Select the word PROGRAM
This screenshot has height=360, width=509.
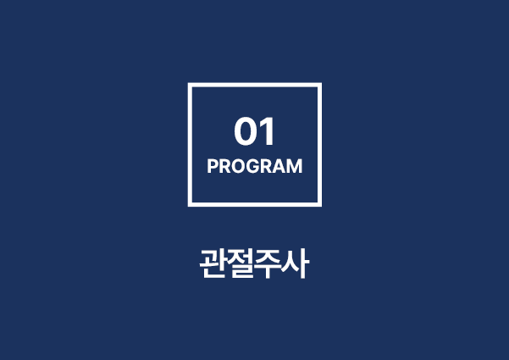(255, 166)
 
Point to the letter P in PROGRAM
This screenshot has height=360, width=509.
(213, 166)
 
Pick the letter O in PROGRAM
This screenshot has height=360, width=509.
(238, 166)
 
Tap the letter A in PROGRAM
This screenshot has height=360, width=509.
(280, 166)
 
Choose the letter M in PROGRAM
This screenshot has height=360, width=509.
(296, 166)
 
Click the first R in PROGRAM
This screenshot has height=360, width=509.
(224, 166)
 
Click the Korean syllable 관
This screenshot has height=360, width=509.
(213, 263)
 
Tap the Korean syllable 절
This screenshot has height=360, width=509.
(241, 263)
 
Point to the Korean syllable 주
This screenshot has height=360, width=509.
(268, 263)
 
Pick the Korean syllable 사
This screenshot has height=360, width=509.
(295, 263)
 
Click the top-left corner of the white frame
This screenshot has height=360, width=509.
(188, 83)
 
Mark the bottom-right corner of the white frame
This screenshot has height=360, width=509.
(321, 206)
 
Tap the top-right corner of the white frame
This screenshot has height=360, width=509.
(321, 83)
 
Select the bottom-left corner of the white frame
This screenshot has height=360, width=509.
(188, 206)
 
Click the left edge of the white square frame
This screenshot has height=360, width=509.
(190, 145)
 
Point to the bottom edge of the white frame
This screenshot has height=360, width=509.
(255, 204)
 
